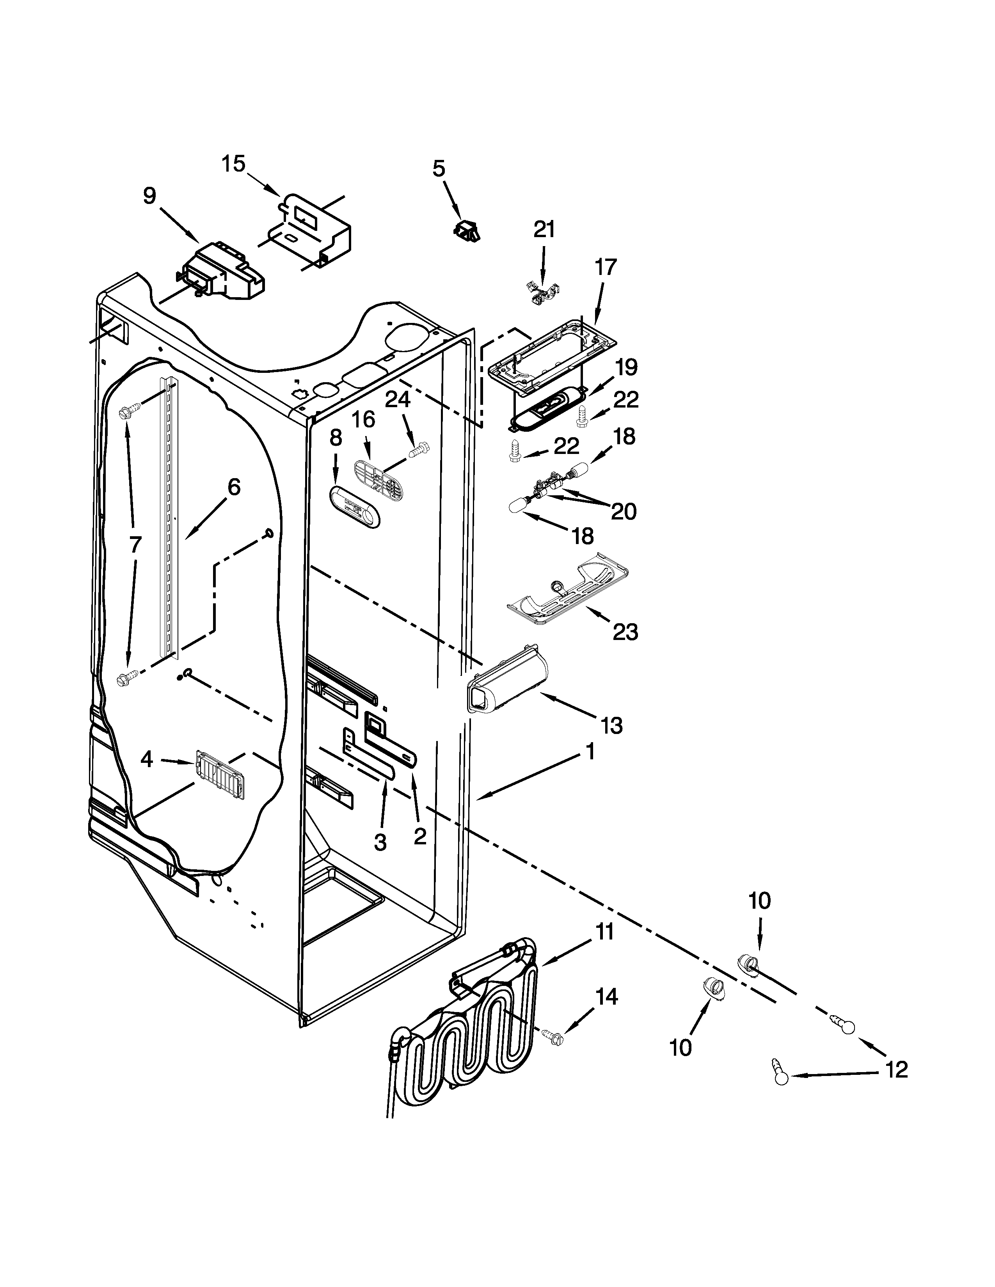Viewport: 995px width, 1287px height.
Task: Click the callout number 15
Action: click(x=233, y=164)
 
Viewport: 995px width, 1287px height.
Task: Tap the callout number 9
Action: click(x=150, y=196)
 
